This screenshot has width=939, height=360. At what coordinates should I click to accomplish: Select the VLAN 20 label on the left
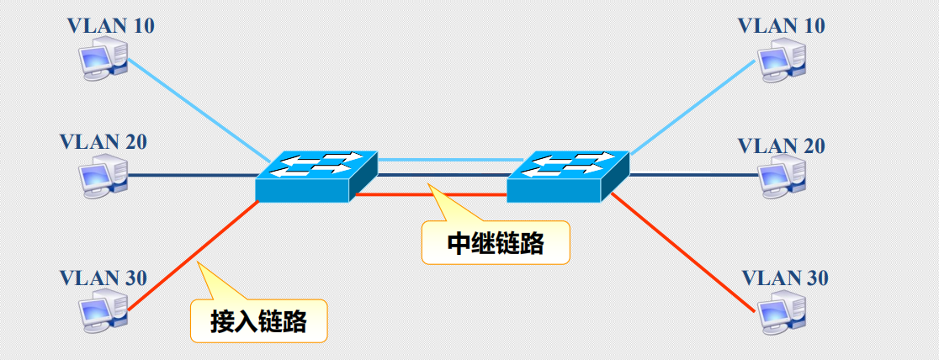point(103,141)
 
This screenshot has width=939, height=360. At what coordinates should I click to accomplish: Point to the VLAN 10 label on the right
point(781,26)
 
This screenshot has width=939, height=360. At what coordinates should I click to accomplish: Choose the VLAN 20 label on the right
point(781,146)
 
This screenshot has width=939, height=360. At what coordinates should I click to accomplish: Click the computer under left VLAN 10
point(102,61)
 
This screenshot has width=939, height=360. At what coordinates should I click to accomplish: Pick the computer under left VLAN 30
point(102,310)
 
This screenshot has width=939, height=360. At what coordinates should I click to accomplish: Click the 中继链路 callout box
point(495,244)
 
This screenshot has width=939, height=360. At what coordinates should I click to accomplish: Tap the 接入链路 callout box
point(257,320)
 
